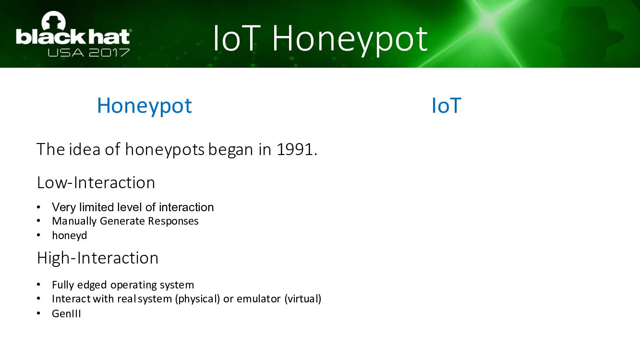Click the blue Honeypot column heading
145,106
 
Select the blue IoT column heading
447,105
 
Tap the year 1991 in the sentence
295,149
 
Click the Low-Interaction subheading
96,182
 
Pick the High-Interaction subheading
98,258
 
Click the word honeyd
70,235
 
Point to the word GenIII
66,313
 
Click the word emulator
259,299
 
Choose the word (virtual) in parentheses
303,299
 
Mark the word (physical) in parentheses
197,299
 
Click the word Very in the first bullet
64,207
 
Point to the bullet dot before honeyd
38,235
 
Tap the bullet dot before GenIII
38,313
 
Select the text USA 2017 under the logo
88,53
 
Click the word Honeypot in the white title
350,39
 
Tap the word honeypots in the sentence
165,150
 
